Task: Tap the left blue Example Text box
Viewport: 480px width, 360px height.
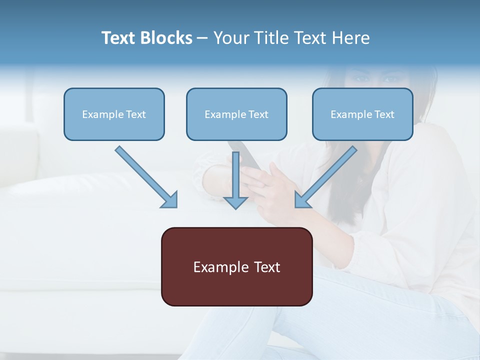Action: (x=114, y=114)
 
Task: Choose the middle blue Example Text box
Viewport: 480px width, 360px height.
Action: (x=236, y=114)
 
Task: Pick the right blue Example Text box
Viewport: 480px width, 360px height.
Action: (x=362, y=114)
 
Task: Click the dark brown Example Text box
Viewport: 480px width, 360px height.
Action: (x=236, y=266)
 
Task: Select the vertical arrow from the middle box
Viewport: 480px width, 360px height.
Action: (x=235, y=175)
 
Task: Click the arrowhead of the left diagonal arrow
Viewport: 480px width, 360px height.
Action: (x=170, y=200)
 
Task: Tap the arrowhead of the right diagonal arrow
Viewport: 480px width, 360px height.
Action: (x=302, y=200)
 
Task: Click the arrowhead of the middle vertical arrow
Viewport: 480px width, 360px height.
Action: (x=235, y=202)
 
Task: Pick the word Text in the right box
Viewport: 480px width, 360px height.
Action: (x=384, y=114)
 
